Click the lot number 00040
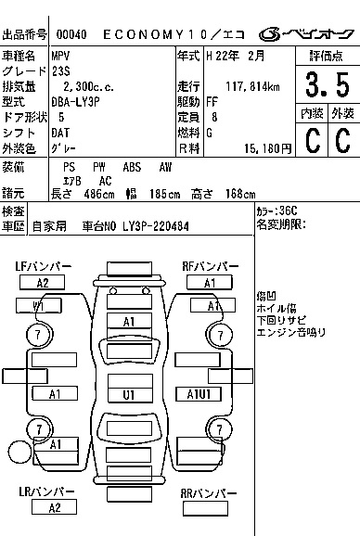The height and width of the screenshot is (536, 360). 71,34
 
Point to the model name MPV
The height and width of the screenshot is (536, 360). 62,57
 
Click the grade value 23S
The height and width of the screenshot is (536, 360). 62,71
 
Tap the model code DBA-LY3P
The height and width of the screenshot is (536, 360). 77,102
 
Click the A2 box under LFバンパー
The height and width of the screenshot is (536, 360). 43,283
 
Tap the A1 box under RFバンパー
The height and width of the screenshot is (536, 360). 210,283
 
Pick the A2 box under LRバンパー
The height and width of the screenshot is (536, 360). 55,507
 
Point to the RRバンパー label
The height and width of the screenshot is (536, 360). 204,492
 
